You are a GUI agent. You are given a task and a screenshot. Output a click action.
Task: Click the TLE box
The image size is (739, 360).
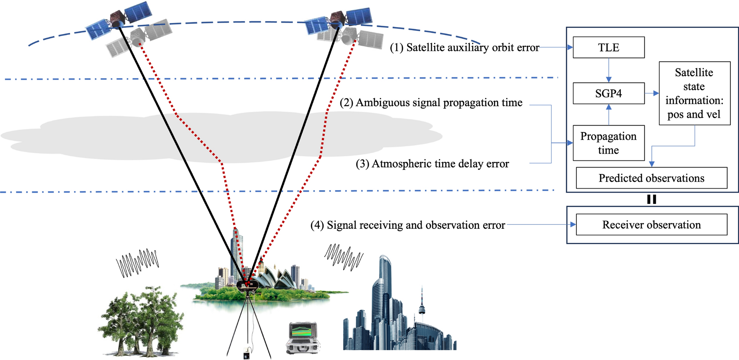point(608,48)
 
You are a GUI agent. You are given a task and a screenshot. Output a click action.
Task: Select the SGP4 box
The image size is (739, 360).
point(608,93)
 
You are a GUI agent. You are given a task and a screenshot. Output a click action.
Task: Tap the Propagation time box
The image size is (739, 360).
point(608,143)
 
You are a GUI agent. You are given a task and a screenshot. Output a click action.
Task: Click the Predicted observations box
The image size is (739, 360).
point(651,178)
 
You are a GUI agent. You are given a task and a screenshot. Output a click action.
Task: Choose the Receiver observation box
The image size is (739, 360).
point(651,225)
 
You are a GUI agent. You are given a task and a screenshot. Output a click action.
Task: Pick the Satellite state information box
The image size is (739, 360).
point(694,93)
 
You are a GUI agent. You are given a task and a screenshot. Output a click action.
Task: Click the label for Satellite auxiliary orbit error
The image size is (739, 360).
point(464,48)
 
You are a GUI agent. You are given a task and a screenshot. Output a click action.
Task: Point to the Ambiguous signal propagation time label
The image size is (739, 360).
point(431,103)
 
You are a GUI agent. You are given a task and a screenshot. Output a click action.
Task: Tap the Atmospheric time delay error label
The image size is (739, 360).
point(432,164)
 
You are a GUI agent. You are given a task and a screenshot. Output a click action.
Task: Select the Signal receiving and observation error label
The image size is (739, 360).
point(408,225)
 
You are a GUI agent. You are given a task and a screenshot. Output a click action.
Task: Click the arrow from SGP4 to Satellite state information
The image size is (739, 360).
point(652,93)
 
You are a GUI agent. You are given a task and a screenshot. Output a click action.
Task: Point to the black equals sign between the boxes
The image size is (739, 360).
point(651,199)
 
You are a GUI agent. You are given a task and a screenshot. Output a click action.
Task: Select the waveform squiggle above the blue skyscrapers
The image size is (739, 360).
point(343,257)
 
